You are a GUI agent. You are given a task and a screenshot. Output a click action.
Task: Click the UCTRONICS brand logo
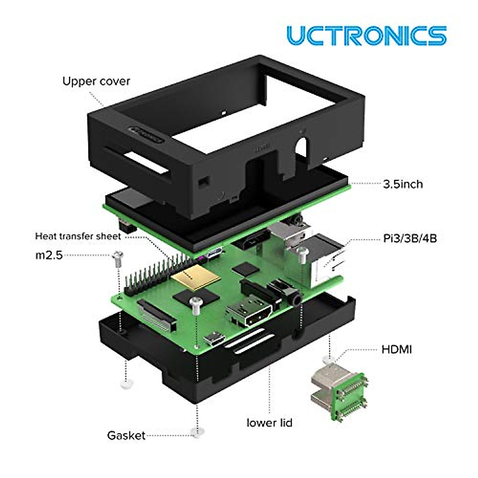pos(366,35)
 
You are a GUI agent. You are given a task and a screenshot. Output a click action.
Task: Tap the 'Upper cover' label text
pos(96,81)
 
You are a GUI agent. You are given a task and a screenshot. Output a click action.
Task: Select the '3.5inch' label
pos(402,184)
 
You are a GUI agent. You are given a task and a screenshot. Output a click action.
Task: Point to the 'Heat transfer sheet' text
pos(78,236)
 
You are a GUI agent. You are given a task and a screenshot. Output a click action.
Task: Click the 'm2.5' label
pos(49,255)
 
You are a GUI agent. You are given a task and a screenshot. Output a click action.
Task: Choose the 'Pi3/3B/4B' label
pos(409,239)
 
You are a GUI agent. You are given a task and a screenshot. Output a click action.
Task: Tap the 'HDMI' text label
pos(396,350)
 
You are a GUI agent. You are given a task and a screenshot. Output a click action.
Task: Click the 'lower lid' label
pos(269,423)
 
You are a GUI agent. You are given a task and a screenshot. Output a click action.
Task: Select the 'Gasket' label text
pos(126,435)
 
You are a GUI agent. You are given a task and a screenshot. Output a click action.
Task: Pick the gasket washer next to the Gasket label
pos(196,433)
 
